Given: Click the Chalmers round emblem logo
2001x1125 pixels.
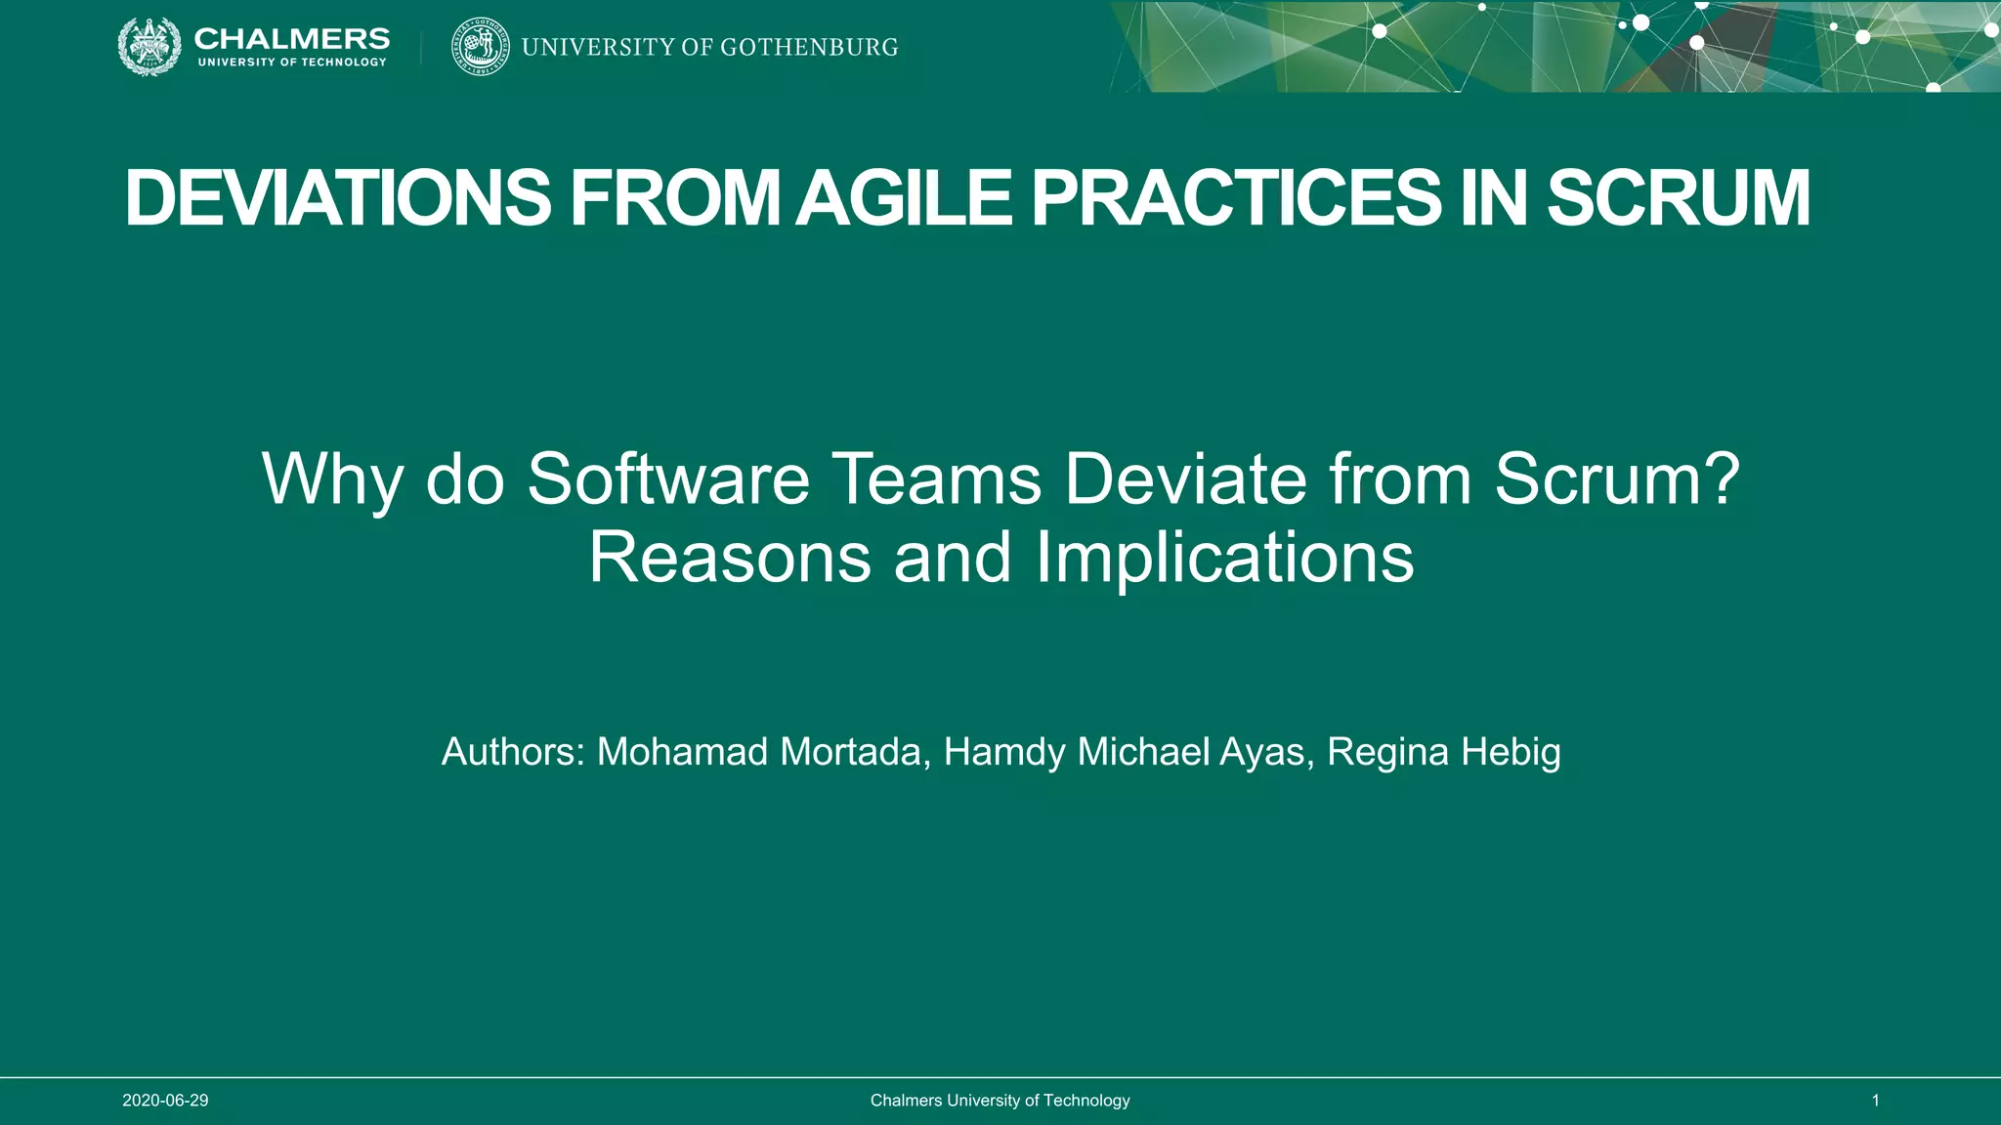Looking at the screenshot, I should [149, 47].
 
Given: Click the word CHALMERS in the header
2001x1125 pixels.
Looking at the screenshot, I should [291, 38].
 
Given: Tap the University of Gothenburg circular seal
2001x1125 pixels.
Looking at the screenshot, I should [481, 47].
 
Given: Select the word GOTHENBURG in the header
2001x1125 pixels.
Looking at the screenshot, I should [809, 47].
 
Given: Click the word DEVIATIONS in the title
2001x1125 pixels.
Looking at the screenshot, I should [338, 198].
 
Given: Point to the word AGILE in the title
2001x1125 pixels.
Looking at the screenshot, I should [903, 198].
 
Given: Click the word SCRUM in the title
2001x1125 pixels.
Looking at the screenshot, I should [1678, 198].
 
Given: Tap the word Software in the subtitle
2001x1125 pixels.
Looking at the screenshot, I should [668, 479].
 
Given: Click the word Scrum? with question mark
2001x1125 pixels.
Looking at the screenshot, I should [1617, 479].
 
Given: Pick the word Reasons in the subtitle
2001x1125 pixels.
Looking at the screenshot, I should [729, 557].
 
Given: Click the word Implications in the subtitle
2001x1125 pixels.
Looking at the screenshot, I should [1224, 557].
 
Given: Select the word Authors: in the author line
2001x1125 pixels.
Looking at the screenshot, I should [513, 752].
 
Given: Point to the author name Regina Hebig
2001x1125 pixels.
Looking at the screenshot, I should [1443, 752].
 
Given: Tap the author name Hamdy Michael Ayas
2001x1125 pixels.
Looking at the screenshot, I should [1128, 752].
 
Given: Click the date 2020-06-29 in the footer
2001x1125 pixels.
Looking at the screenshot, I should [165, 1101].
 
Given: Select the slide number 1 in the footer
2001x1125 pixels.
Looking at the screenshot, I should [1875, 1101].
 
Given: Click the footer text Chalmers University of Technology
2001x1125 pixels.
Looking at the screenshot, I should [1000, 1101].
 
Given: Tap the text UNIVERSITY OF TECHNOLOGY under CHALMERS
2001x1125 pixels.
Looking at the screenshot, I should [292, 62].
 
